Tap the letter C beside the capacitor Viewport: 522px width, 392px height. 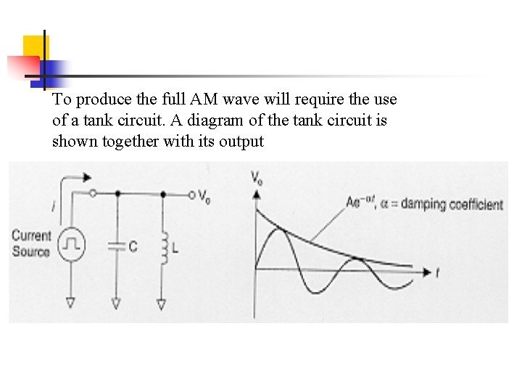pos(133,248)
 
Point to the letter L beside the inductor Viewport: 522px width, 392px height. pos(176,248)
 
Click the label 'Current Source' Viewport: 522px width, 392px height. pos(31,244)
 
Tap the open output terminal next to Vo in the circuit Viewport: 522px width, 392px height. pos(193,195)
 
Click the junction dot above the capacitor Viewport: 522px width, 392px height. pos(117,195)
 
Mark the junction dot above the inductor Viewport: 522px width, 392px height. pos(162,195)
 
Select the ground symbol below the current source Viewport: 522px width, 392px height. pos(71,301)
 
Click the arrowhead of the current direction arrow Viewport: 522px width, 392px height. pos(88,176)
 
